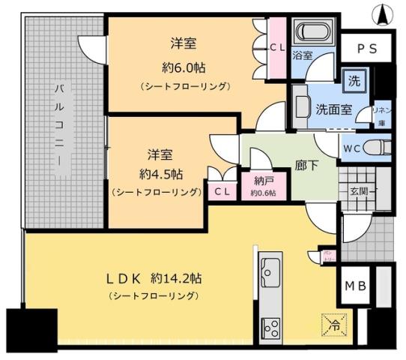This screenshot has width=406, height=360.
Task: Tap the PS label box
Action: [x=366, y=49]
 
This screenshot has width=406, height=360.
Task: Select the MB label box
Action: [x=355, y=285]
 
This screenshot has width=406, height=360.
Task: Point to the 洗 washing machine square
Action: [x=352, y=81]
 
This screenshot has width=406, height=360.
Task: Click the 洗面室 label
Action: [x=333, y=107]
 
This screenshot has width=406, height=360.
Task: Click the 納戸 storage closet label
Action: [x=262, y=181]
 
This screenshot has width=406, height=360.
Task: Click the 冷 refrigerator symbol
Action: [x=334, y=323]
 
